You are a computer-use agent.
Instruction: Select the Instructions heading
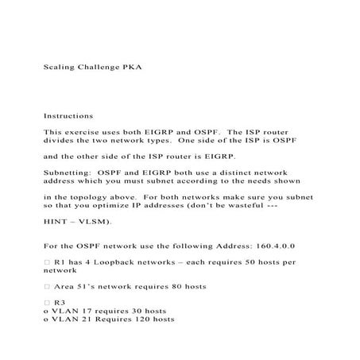(x=68, y=116)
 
